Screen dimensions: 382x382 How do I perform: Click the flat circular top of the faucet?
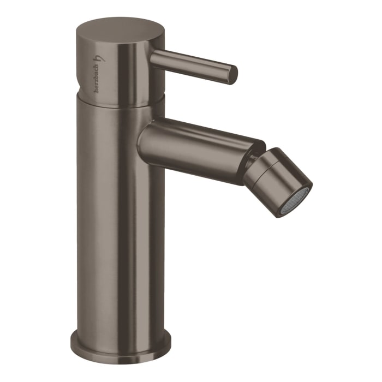[x=120, y=28]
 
